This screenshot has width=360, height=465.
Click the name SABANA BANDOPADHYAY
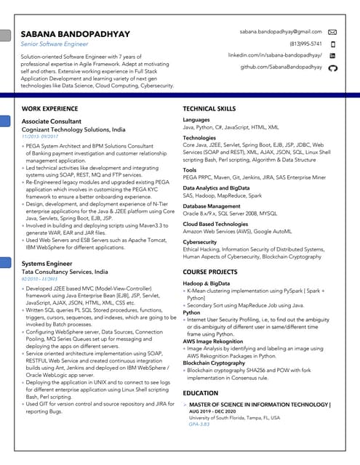click(76, 33)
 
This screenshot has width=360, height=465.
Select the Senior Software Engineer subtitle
click(55, 44)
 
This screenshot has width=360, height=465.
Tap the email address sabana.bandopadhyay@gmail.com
click(281, 32)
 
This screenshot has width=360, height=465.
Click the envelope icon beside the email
click(333, 32)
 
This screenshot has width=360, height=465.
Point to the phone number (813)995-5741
click(305, 44)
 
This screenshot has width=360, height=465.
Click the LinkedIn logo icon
click(333, 55)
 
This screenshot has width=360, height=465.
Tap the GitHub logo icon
click(333, 67)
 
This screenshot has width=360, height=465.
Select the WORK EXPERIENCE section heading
click(50, 109)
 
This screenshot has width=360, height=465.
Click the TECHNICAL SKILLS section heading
click(209, 109)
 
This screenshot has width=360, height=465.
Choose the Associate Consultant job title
click(52, 121)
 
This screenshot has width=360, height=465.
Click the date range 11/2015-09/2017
click(41, 136)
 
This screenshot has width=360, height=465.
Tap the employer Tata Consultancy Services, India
click(65, 271)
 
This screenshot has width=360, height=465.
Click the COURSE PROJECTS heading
click(211, 272)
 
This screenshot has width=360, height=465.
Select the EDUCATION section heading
click(201, 393)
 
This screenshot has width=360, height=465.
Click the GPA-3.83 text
click(199, 424)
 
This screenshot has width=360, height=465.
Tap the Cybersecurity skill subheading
click(200, 242)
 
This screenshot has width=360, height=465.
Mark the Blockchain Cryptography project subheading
click(214, 363)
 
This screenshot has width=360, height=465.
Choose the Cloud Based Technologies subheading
click(215, 225)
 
